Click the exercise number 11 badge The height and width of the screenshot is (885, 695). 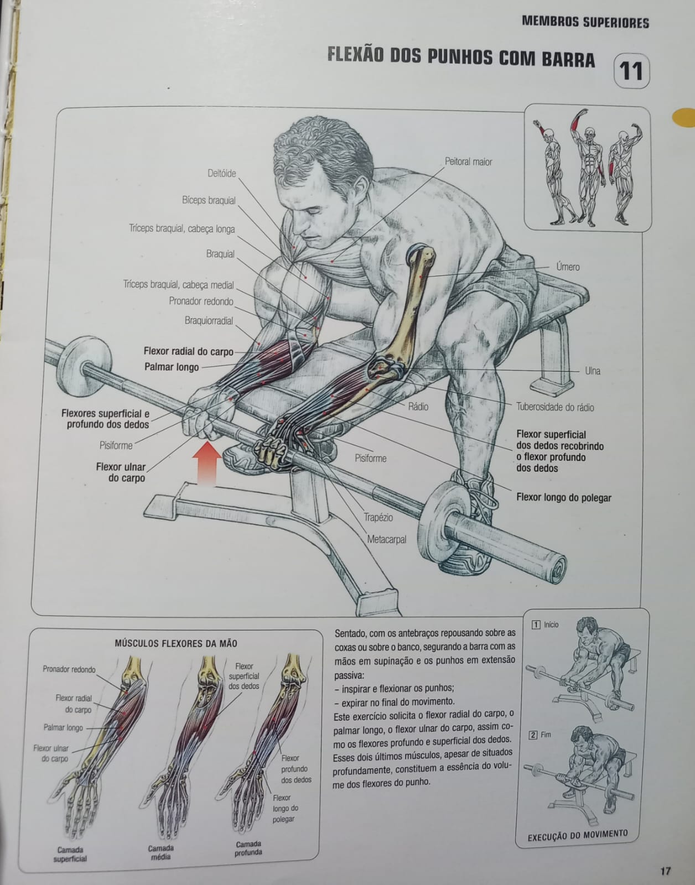coord(631,71)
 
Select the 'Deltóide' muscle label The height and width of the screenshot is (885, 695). coord(222,174)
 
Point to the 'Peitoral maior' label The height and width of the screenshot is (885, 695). coord(468,162)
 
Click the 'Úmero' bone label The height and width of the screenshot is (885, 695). coord(568,267)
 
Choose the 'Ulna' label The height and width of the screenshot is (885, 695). coord(592,371)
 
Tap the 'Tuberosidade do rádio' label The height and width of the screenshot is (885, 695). coord(555,407)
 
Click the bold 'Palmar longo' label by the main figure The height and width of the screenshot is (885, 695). coord(172,367)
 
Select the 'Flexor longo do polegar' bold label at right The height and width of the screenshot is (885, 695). coord(564,497)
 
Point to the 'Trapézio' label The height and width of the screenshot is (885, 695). coord(378,517)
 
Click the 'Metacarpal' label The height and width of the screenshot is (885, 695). coord(387,539)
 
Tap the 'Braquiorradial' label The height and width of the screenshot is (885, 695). coord(209,320)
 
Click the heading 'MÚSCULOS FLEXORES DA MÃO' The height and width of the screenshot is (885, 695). coord(175,643)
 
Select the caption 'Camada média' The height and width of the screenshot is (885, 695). coord(160,852)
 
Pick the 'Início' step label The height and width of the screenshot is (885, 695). coord(551,624)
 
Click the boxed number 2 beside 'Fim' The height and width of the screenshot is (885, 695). coord(533,735)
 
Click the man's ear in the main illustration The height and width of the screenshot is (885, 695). coord(361,184)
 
